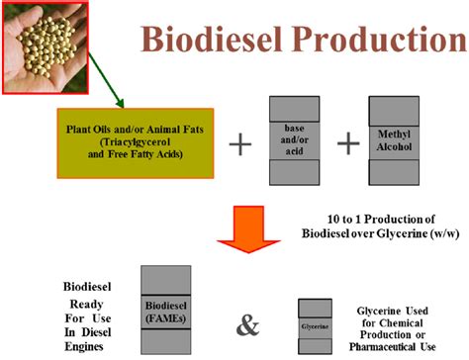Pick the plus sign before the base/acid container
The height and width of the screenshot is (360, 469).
tap(239, 144)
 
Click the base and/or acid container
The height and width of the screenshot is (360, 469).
tap(294, 140)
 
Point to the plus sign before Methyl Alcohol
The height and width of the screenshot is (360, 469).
tap(348, 144)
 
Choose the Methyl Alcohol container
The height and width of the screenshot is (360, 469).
tap(395, 140)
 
